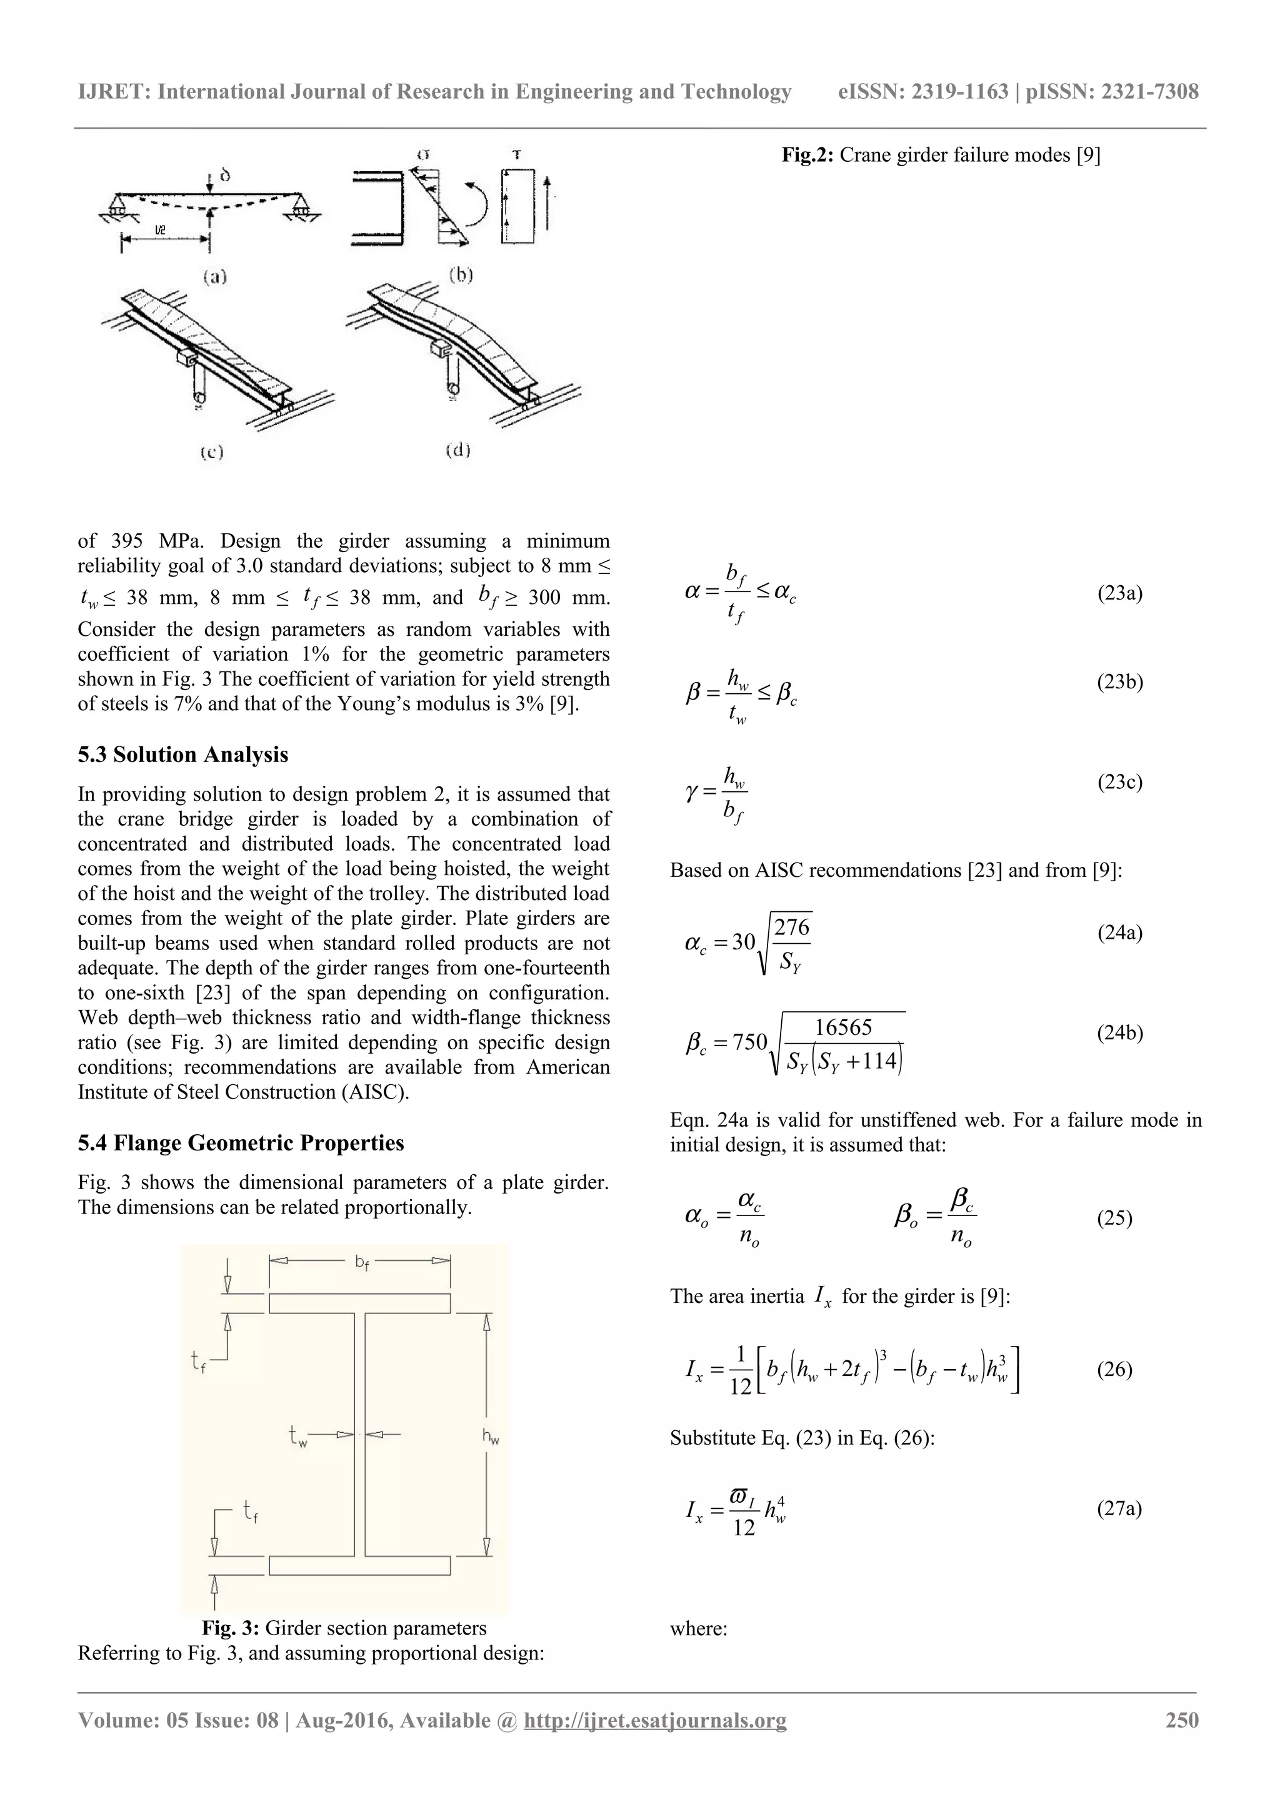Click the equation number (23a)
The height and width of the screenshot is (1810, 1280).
coord(1119,593)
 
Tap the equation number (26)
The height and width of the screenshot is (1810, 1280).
coord(1114,1369)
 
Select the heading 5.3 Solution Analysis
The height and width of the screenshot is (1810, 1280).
coord(183,754)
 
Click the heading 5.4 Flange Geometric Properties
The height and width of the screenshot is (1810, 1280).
coord(241,1143)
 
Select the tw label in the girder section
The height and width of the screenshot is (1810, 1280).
coord(297,1437)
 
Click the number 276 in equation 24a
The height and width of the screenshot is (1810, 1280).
coord(792,928)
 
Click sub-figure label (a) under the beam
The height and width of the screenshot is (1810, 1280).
coord(214,277)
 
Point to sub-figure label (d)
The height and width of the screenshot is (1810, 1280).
coord(458,450)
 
